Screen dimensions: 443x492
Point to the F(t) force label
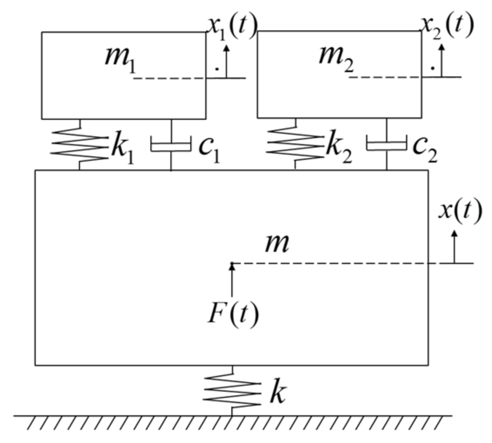233,314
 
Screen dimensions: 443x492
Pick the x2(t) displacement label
446,26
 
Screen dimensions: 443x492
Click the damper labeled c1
171,144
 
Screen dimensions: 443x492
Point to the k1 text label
122,148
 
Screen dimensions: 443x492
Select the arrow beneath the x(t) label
455,246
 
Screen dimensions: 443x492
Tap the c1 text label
209,148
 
